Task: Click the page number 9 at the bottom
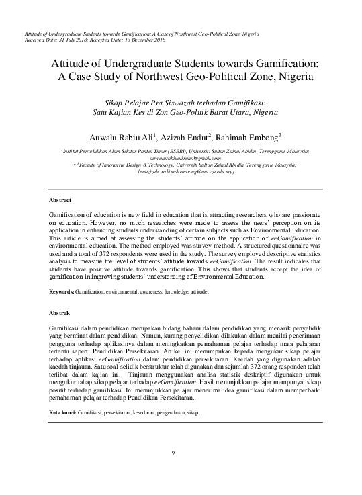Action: click(x=173, y=452)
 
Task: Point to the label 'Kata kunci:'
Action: click(x=64, y=411)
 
